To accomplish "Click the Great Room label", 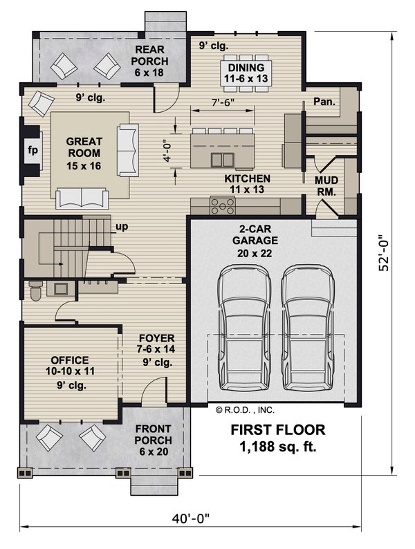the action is tap(84, 153).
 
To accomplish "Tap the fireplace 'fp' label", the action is tap(33, 150).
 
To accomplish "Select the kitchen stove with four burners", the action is tap(223, 205).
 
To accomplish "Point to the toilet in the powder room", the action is tap(35, 290).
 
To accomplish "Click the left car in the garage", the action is tap(244, 327).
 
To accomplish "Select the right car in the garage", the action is tap(308, 327).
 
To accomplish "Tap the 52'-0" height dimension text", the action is tap(384, 253).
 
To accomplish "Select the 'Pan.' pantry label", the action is tap(324, 102).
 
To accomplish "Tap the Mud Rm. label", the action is tap(326, 186).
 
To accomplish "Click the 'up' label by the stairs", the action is tap(122, 227).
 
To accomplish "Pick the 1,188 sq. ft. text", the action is tap(278, 447).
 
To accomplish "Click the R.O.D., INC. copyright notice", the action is tap(245, 410).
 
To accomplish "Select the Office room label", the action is tap(70, 366).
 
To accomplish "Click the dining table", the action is tap(246, 73).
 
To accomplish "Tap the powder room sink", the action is tap(61, 288).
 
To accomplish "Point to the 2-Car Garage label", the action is tap(255, 241).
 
